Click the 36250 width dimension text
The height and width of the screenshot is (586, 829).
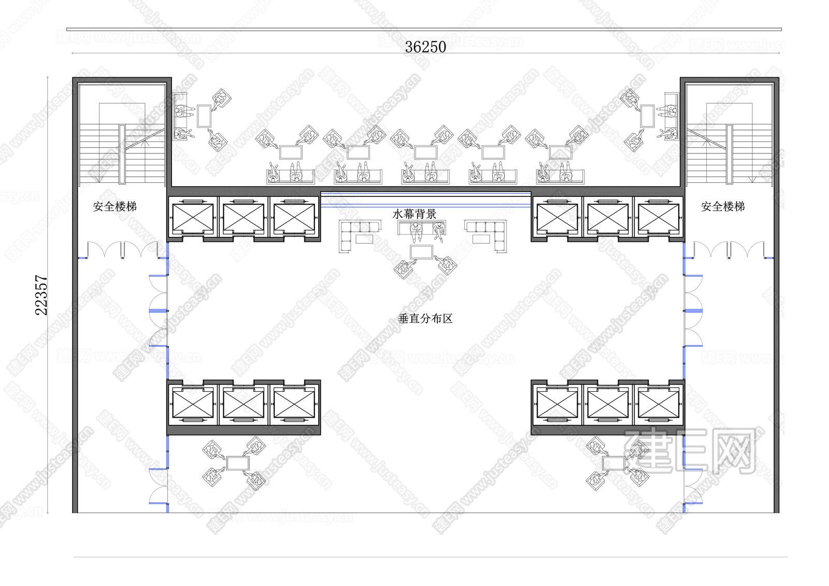coord(425,47)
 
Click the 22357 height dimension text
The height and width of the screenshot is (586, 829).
coord(41,295)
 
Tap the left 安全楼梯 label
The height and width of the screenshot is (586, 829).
coord(115,206)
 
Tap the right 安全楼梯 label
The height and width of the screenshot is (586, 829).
coord(723,206)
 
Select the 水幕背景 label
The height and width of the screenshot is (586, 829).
coord(414,213)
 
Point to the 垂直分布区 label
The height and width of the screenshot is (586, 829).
coord(425,318)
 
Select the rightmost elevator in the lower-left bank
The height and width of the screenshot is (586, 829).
coord(294,405)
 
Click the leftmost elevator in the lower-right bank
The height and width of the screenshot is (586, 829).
coord(557,405)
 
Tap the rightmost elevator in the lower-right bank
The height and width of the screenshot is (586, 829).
coord(659,405)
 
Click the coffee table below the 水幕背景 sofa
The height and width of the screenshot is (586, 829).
coord(422,252)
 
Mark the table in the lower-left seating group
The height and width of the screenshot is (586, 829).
coord(238,463)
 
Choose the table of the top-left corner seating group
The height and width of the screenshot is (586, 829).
coord(204,116)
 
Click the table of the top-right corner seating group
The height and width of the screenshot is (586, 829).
coord(647,116)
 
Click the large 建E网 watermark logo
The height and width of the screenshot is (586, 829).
coord(691,451)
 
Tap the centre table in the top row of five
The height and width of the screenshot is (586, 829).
coord(425,152)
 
